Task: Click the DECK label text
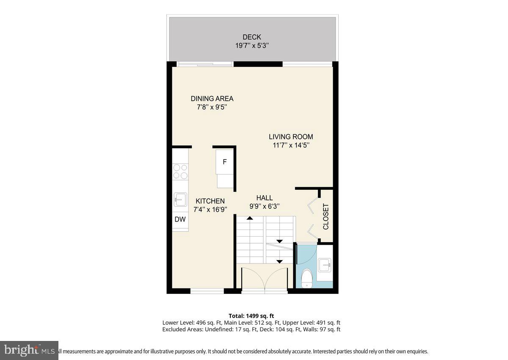(x=251, y=37)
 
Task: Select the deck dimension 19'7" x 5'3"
(x=252, y=45)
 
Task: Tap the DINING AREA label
(x=212, y=99)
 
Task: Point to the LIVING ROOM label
(x=291, y=137)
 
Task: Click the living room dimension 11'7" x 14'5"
(x=291, y=145)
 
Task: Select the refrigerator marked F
(x=225, y=162)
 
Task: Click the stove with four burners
(x=180, y=172)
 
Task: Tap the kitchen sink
(x=180, y=199)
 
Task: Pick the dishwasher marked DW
(x=180, y=219)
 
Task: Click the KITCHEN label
(x=210, y=201)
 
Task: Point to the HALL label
(x=265, y=198)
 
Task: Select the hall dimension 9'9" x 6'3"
(x=265, y=206)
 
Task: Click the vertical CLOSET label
(x=326, y=216)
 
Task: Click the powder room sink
(x=325, y=266)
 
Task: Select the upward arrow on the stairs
(x=250, y=218)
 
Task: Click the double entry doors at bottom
(x=265, y=280)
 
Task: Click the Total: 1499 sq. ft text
(x=251, y=316)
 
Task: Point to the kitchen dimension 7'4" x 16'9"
(x=210, y=209)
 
